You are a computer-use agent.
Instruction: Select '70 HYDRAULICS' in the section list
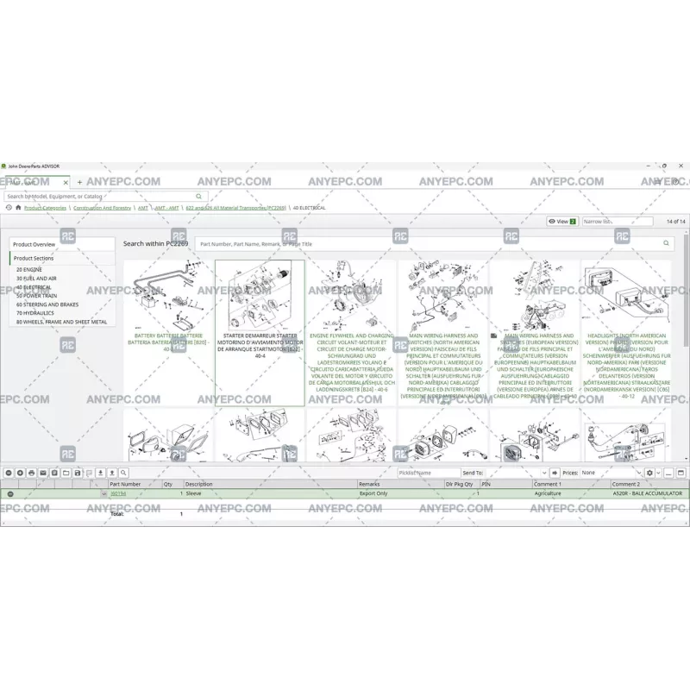tap(35, 313)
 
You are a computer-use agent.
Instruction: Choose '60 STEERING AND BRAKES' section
tap(48, 304)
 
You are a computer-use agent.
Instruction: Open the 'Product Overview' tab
tap(34, 244)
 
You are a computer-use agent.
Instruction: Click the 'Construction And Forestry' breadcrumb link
tap(102, 208)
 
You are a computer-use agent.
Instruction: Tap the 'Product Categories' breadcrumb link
tap(45, 208)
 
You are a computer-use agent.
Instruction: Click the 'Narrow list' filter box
tap(617, 222)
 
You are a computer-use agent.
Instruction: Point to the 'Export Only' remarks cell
tap(373, 494)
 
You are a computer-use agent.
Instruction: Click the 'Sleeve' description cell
tap(194, 494)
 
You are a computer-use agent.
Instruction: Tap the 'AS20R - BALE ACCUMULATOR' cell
tap(647, 494)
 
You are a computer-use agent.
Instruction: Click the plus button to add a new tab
tap(80, 183)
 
